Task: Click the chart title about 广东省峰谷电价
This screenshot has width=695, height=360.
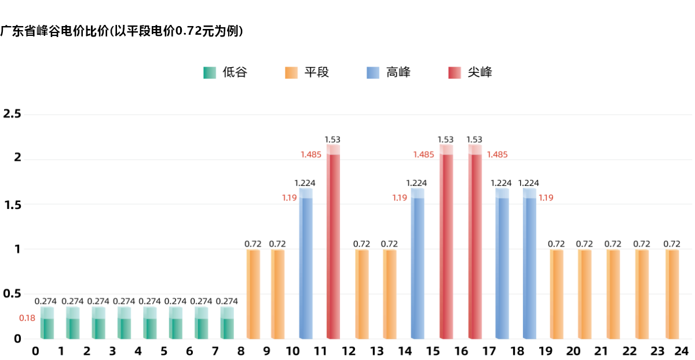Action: [122, 31]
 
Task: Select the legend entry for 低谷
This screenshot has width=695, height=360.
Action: [225, 73]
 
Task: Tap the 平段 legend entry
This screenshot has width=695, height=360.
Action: [308, 73]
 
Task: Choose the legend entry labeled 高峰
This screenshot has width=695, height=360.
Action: [389, 73]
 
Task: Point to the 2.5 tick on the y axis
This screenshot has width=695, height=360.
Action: [12, 113]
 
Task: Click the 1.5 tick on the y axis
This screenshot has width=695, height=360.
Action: [12, 205]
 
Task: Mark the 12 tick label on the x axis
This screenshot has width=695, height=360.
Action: [349, 351]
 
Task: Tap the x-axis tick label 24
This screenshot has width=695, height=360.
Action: [681, 351]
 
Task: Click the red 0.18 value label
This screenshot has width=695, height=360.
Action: [27, 318]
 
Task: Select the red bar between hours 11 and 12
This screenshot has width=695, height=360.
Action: [333, 243]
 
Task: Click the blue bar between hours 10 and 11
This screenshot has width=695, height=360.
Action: [306, 266]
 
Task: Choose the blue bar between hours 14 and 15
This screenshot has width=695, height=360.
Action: [418, 266]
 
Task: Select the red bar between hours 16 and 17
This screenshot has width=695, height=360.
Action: [475, 243]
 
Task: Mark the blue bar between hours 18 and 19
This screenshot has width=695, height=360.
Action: [529, 266]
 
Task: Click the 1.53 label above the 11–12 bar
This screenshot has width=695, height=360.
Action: [332, 139]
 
